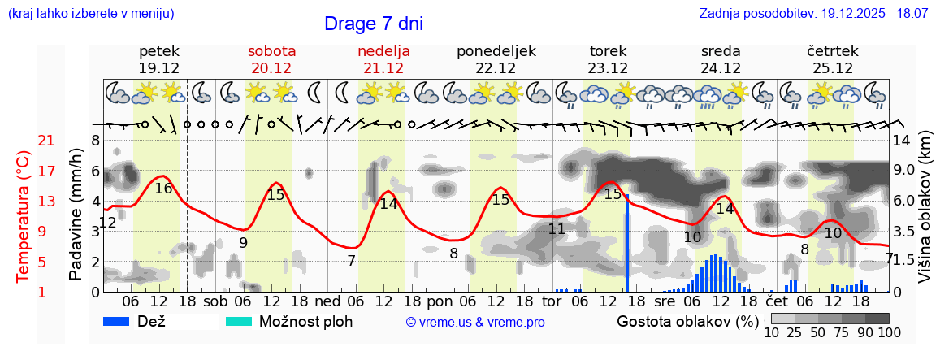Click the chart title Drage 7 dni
(x=373, y=24)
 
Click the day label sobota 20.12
(x=271, y=59)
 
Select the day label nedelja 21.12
(x=383, y=59)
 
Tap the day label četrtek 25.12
(x=833, y=59)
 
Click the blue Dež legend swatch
(x=122, y=321)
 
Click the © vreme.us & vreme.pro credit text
(x=475, y=322)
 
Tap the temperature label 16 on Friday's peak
(x=163, y=189)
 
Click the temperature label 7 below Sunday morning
(x=351, y=261)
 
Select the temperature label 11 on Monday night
(x=557, y=229)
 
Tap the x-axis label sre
(x=665, y=301)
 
